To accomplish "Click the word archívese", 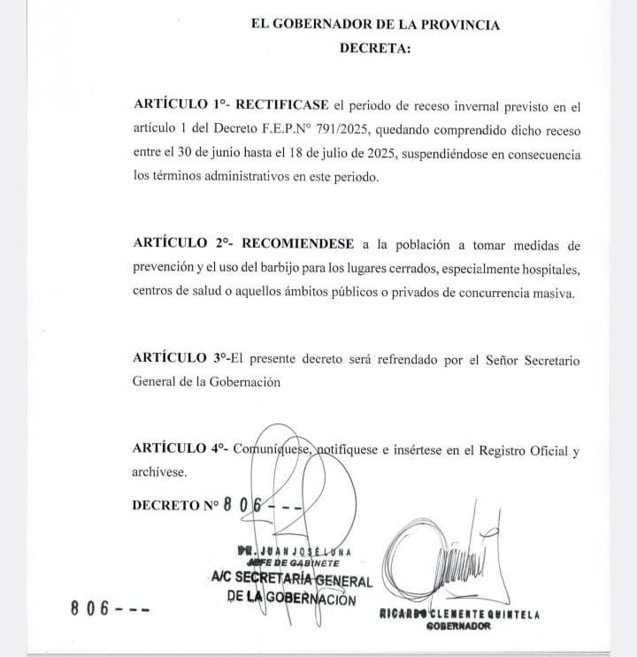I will (x=159, y=472).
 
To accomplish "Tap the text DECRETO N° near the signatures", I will (x=174, y=507).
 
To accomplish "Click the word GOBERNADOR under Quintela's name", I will (x=459, y=628).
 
